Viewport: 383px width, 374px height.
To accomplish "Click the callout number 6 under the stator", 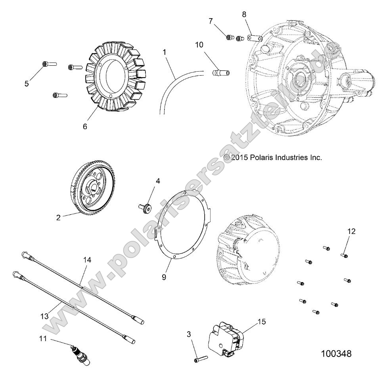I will coord(85,126).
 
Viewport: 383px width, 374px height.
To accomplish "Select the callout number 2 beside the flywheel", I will coord(58,218).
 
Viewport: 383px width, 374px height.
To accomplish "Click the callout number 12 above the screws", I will coord(352,231).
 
